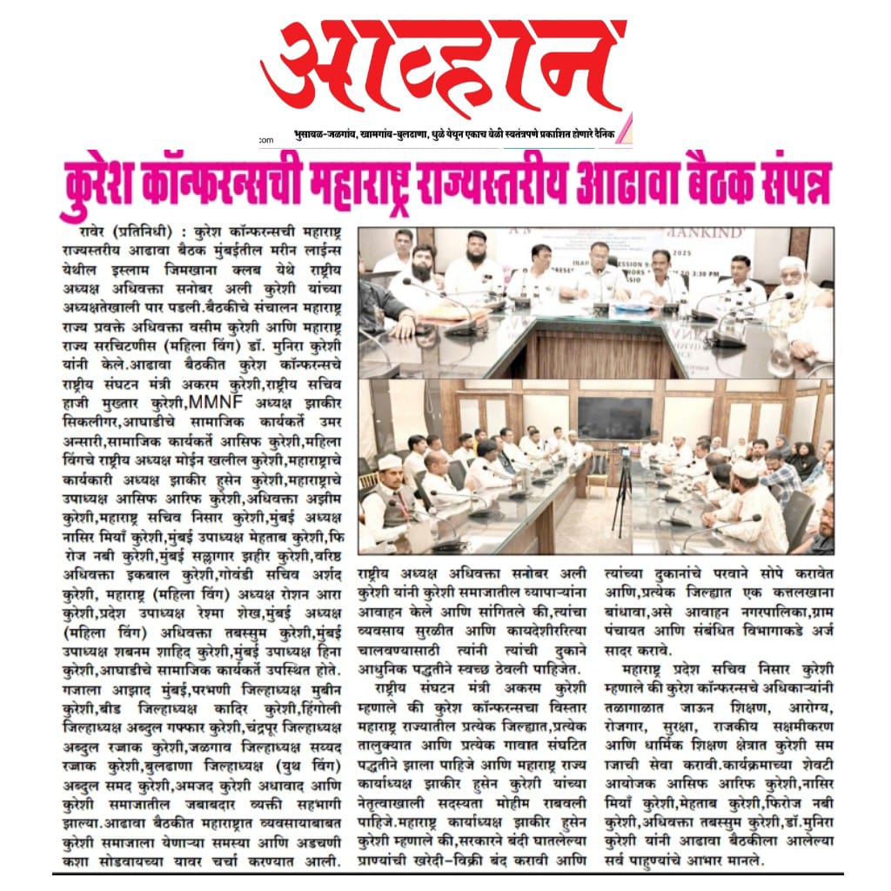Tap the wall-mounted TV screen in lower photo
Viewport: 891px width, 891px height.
(613, 418)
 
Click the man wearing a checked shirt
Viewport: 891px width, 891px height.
(779, 478)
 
